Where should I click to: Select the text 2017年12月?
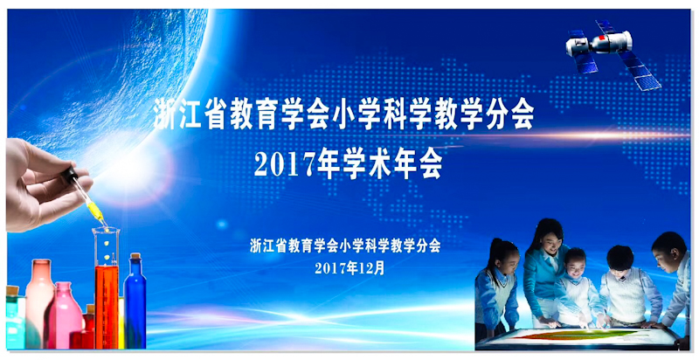pyautogui.click(x=349, y=267)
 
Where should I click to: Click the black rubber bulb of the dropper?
pyautogui.click(x=70, y=174)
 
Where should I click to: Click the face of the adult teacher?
pyautogui.click(x=548, y=241)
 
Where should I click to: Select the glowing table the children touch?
pyautogui.click(x=578, y=339)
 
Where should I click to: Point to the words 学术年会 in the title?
pyautogui.click(x=392, y=166)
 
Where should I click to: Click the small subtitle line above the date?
pyautogui.click(x=345, y=246)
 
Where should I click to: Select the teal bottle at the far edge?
pyautogui.click(x=14, y=317)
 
